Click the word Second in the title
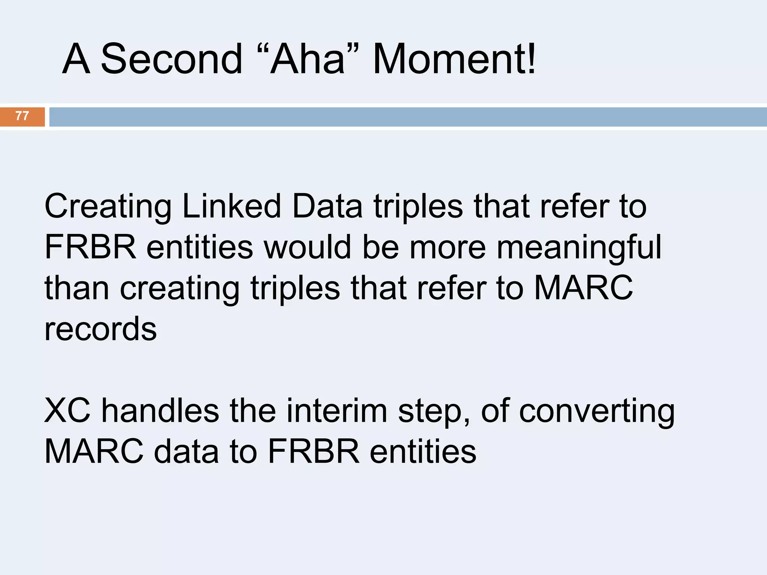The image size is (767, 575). [x=172, y=59]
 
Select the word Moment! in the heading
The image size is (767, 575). [x=454, y=59]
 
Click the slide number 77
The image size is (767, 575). [x=22, y=116]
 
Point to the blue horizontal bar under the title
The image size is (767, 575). [x=407, y=117]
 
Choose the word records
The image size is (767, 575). [x=100, y=329]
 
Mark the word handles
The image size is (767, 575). [x=160, y=411]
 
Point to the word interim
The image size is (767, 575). [x=337, y=411]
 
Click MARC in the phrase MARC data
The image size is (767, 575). [x=94, y=451]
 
